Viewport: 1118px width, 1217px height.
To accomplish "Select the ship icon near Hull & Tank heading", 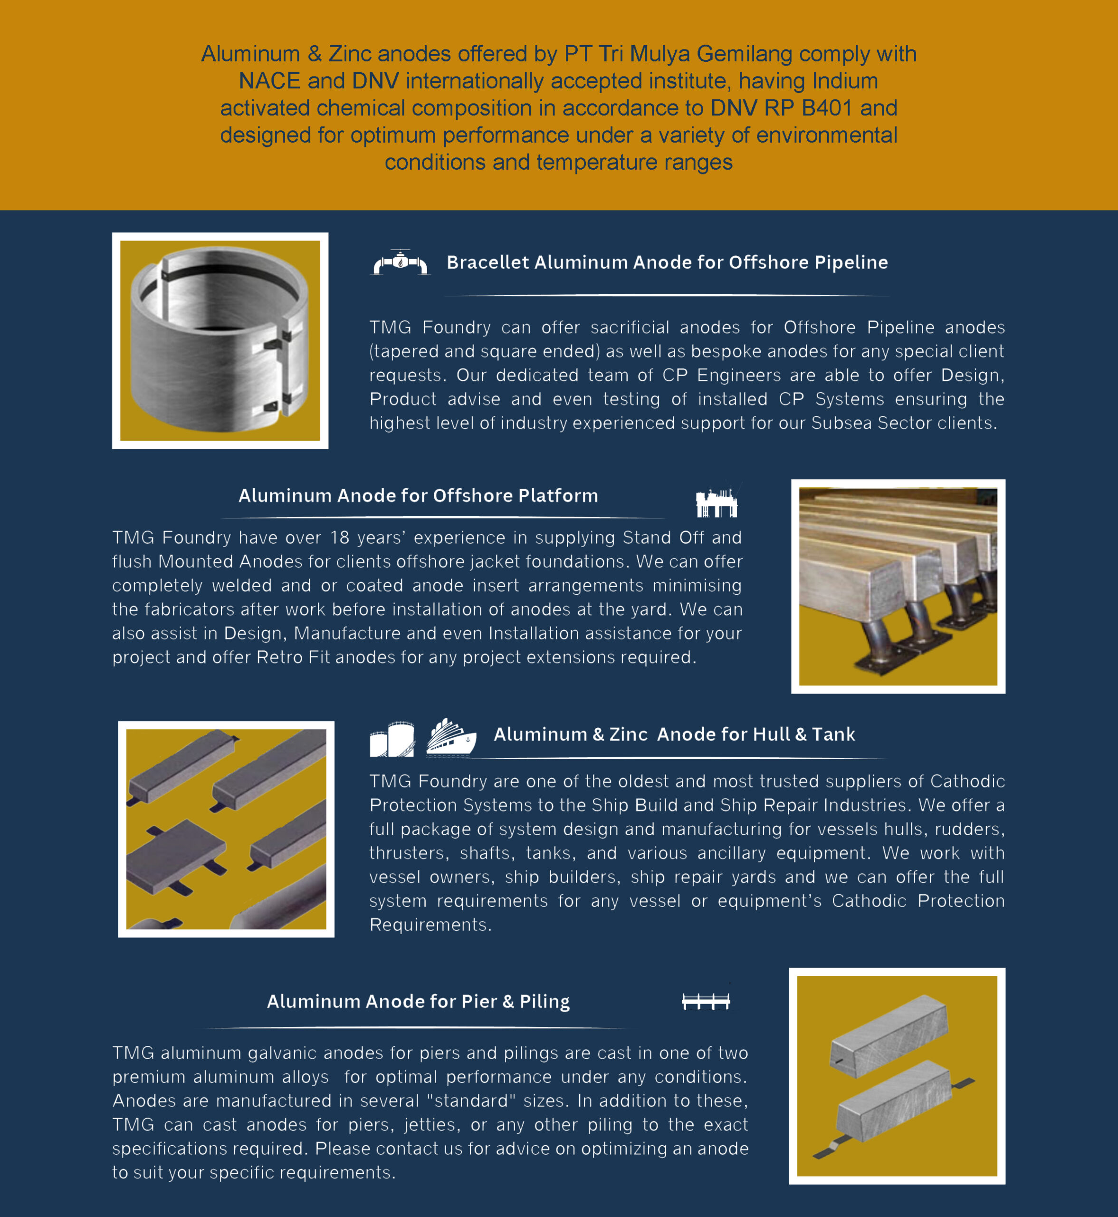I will point(451,738).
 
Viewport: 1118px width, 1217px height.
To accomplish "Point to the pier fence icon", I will point(706,1002).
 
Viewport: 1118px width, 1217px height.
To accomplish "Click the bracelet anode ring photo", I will point(220,341).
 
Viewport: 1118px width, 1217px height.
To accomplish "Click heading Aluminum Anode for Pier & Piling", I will point(418,1002).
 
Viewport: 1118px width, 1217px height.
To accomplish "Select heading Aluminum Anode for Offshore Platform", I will point(418,496).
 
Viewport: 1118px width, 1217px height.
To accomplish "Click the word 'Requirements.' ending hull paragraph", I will point(430,925).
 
